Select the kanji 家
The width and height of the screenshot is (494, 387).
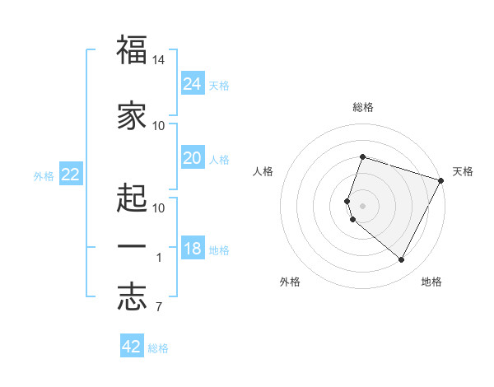tap(132, 116)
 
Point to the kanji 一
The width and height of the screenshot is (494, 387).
tap(132, 246)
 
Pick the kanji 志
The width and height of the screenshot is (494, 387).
tap(132, 298)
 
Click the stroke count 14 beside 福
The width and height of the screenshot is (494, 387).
tap(159, 60)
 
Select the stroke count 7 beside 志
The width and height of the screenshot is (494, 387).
tap(159, 308)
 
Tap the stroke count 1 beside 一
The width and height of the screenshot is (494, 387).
tap(159, 258)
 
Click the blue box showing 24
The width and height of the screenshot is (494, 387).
tap(192, 84)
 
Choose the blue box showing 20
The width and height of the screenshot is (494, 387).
tap(192, 158)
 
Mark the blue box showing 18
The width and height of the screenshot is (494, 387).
tap(192, 249)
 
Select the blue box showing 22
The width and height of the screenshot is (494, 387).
tap(71, 175)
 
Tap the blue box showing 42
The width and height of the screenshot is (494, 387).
tap(132, 347)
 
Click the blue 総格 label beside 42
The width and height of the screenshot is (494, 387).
tap(158, 348)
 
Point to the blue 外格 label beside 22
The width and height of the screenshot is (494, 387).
tap(44, 175)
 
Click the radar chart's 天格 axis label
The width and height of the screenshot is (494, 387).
tap(463, 171)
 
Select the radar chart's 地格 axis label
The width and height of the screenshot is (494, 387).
tap(431, 282)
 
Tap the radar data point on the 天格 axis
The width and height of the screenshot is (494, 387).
tap(441, 180)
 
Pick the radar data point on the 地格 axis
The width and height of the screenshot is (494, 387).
tap(401, 260)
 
